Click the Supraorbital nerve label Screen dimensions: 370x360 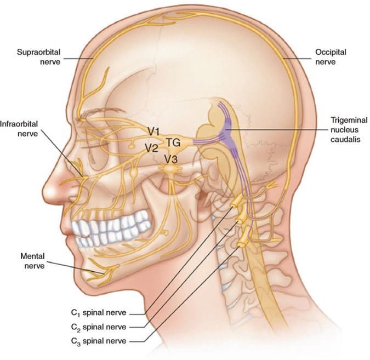point(39,57)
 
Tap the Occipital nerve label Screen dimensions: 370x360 point(331,57)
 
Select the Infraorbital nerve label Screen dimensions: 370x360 point(19,129)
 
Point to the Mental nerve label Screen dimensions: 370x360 point(32,261)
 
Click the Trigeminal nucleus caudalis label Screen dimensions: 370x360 point(349,129)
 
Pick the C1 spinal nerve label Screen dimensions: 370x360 point(99,313)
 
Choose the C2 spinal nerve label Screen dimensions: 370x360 point(99,327)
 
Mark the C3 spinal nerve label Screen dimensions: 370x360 point(99,341)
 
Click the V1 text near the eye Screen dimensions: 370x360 point(154,132)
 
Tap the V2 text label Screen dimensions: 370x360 point(151,148)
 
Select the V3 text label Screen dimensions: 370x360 point(170,159)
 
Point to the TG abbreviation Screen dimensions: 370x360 point(173,142)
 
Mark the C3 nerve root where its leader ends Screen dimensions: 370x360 point(241,245)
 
